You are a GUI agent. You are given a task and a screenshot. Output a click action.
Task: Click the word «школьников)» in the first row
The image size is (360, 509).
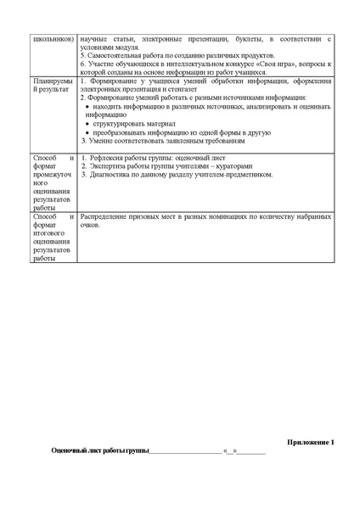(50, 39)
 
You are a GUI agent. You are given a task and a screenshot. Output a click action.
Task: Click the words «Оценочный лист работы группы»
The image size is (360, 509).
(99, 451)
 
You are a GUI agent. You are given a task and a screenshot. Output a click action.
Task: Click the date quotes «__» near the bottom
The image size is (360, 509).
(229, 452)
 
